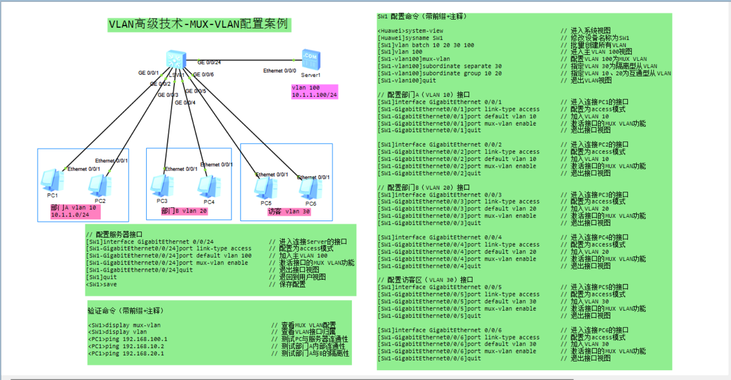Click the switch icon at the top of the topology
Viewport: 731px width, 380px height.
point(176,59)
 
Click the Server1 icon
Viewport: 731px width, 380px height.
point(311,60)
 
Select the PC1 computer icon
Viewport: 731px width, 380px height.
point(52,180)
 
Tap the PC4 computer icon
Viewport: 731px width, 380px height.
point(209,186)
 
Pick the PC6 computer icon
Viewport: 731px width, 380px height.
point(310,189)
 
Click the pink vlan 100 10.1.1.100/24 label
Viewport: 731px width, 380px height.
point(314,91)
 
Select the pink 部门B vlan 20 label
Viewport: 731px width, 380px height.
point(184,211)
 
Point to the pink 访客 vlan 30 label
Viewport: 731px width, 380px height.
point(289,212)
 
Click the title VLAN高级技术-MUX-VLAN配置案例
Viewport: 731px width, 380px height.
point(199,24)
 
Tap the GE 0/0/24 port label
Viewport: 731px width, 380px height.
point(209,62)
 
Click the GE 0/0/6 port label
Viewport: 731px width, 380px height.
point(203,75)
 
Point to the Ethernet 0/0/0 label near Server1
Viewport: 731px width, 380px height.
point(279,71)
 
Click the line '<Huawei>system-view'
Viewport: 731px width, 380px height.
point(410,31)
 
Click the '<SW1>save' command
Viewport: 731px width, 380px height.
point(101,285)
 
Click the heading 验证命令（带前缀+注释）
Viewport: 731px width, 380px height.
point(126,311)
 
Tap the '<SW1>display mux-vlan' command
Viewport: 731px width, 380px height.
point(124,325)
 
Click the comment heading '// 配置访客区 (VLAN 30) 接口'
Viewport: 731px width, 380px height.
point(425,280)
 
